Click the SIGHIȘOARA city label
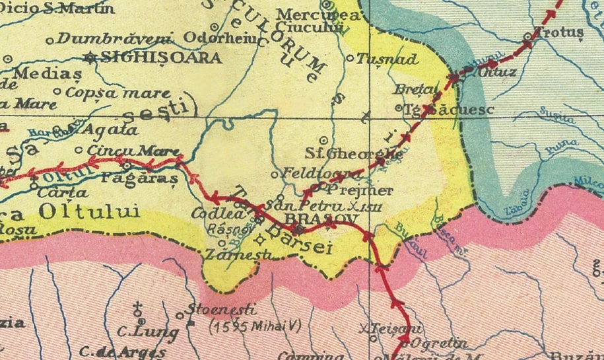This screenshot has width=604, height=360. (162, 57)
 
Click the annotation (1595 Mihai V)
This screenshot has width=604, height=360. (253, 326)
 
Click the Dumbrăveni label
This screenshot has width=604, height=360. (114, 38)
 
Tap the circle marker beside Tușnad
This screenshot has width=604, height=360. (351, 57)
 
